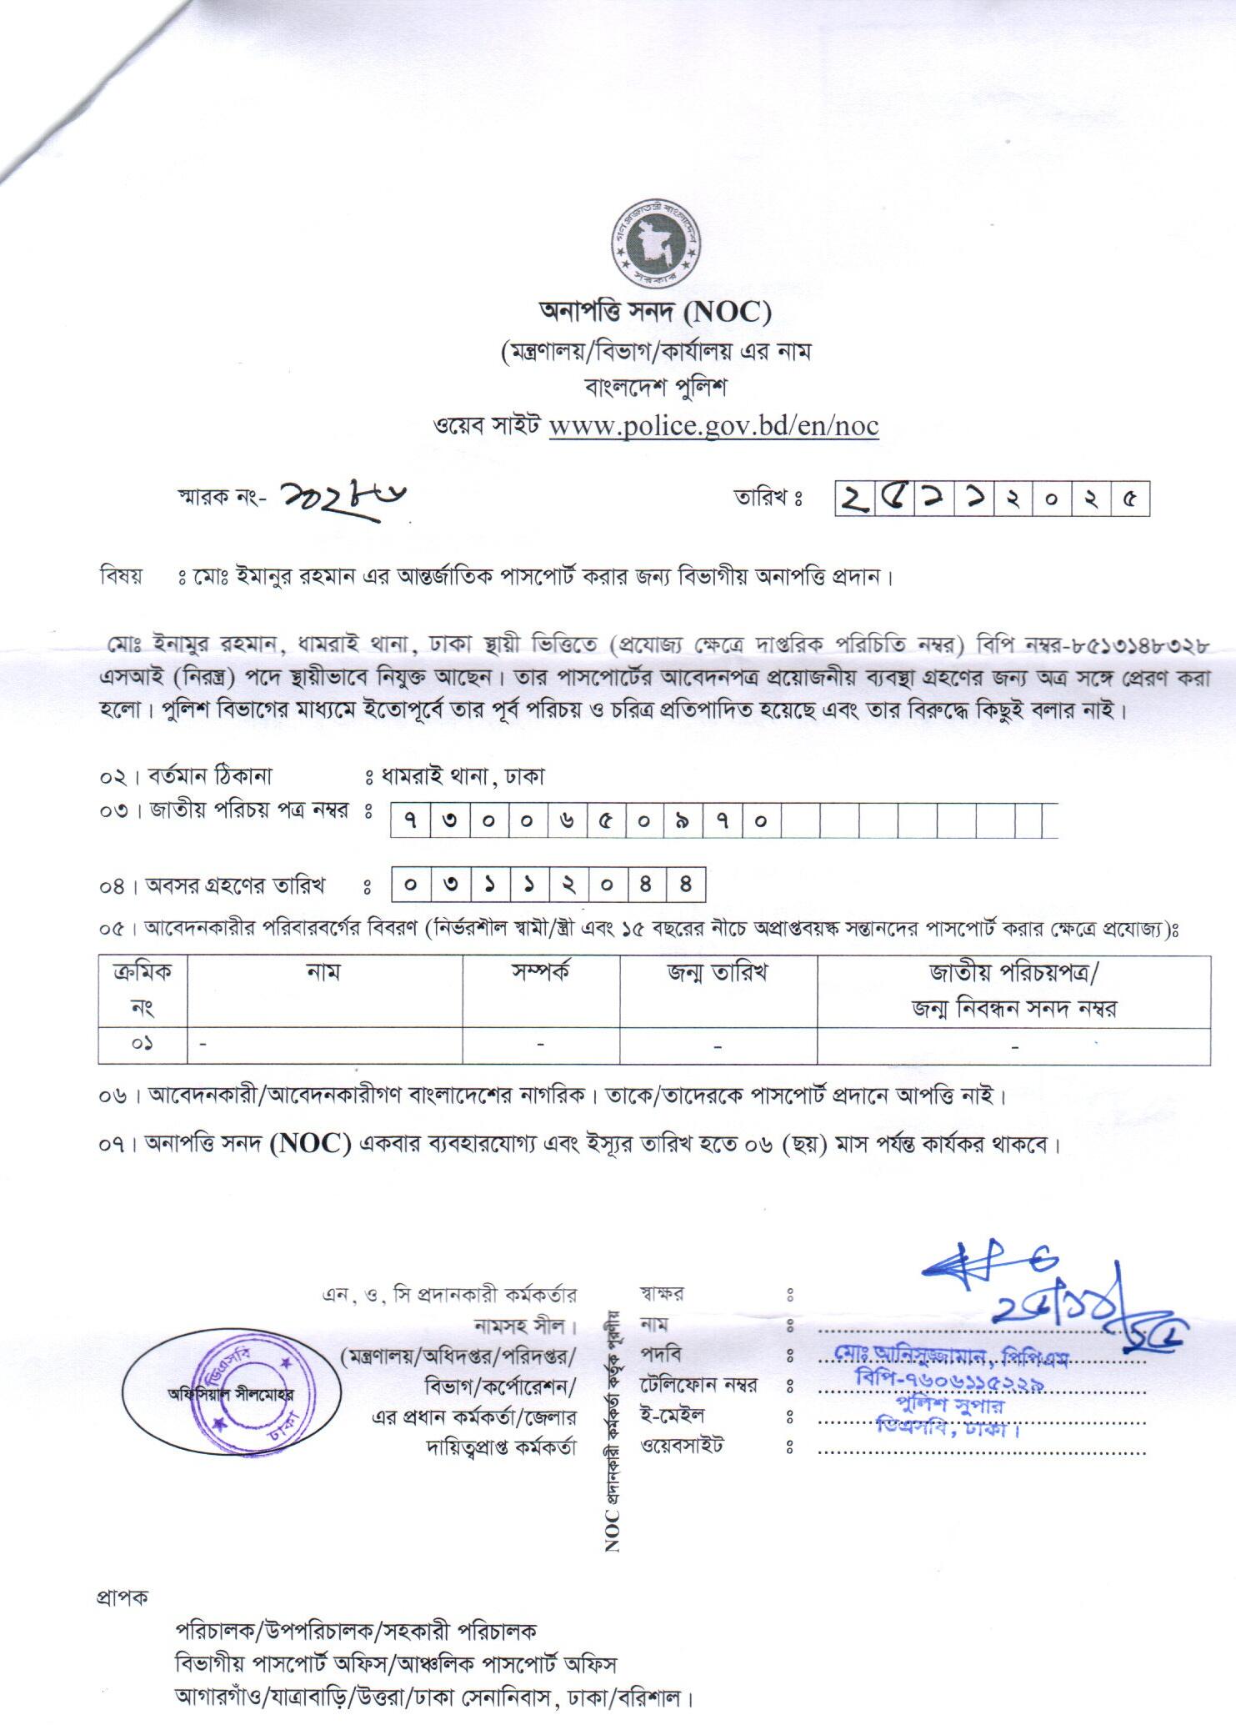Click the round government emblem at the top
coord(656,244)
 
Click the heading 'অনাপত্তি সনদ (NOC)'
coord(655,313)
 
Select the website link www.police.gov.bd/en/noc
coord(713,425)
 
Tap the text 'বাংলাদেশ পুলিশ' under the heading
coord(655,388)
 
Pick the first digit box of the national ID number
coord(410,820)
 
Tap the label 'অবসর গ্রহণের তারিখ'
coord(236,885)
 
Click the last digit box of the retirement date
coord(686,885)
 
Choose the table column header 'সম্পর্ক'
coord(541,973)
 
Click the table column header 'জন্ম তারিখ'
coord(717,973)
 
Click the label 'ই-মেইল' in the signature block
coord(673,1415)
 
